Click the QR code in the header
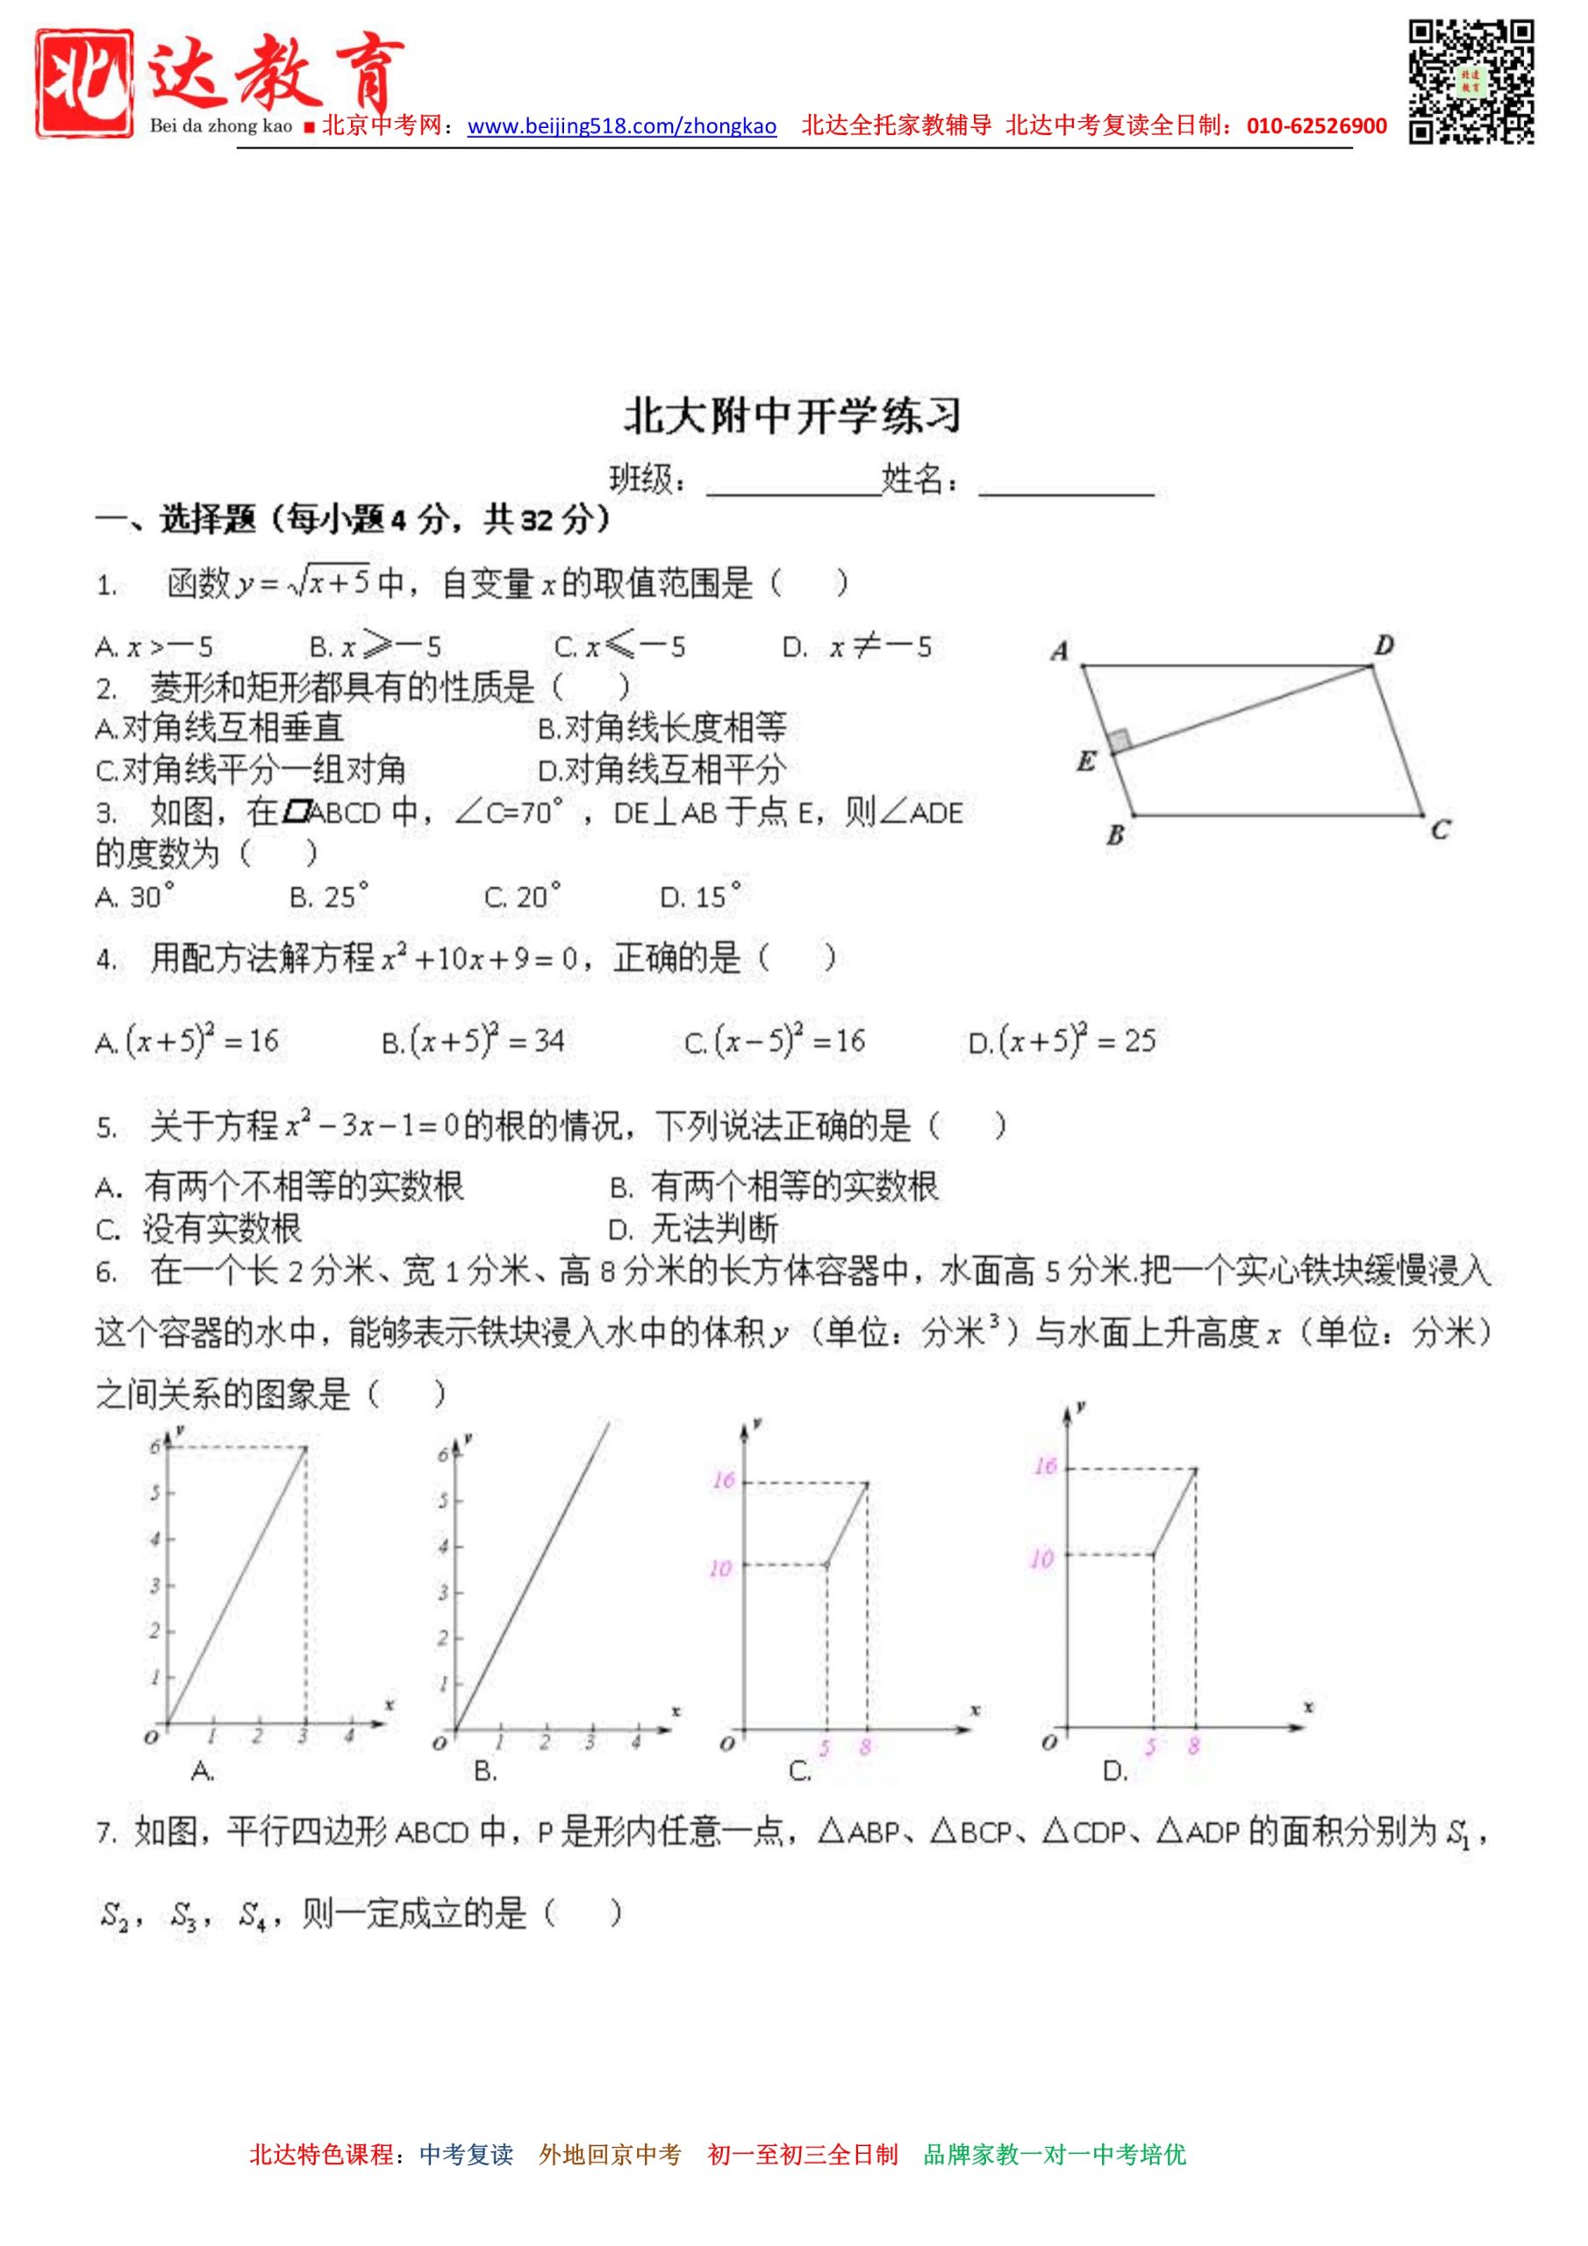pyautogui.click(x=1470, y=82)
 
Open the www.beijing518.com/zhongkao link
pyautogui.click(x=621, y=126)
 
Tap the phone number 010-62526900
pyautogui.click(x=1316, y=126)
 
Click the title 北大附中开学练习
pyautogui.click(x=792, y=417)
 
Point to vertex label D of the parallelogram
pyautogui.click(x=1384, y=645)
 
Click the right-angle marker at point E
pyautogui.click(x=1119, y=740)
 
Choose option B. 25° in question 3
pyautogui.click(x=329, y=896)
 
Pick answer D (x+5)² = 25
pyautogui.click(x=1062, y=1041)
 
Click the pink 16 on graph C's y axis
pyautogui.click(x=723, y=1480)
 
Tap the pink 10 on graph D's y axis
pyautogui.click(x=1042, y=1559)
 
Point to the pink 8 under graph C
pyautogui.click(x=865, y=1746)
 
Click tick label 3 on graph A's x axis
pyautogui.click(x=304, y=1737)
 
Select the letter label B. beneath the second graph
pyautogui.click(x=484, y=1770)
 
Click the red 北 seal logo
pyautogui.click(x=84, y=82)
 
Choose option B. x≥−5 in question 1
pyautogui.click(x=376, y=647)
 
